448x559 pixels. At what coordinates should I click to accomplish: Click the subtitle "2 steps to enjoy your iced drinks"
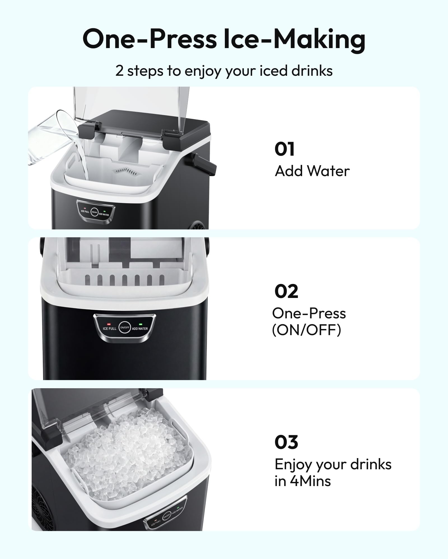click(x=224, y=71)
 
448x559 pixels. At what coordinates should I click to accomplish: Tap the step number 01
click(x=284, y=149)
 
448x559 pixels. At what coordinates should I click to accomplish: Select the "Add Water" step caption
click(x=312, y=171)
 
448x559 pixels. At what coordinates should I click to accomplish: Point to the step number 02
click(x=286, y=292)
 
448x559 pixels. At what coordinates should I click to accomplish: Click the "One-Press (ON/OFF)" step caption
click(x=309, y=322)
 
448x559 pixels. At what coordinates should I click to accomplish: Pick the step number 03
click(x=286, y=442)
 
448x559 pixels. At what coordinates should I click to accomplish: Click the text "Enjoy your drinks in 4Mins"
click(x=333, y=473)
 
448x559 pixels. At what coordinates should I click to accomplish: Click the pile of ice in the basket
click(x=126, y=453)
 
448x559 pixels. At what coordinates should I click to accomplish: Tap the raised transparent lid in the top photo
click(x=132, y=112)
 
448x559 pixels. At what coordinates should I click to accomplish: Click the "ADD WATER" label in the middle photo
click(x=140, y=329)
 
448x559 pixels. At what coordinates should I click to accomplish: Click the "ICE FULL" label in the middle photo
click(x=109, y=329)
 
